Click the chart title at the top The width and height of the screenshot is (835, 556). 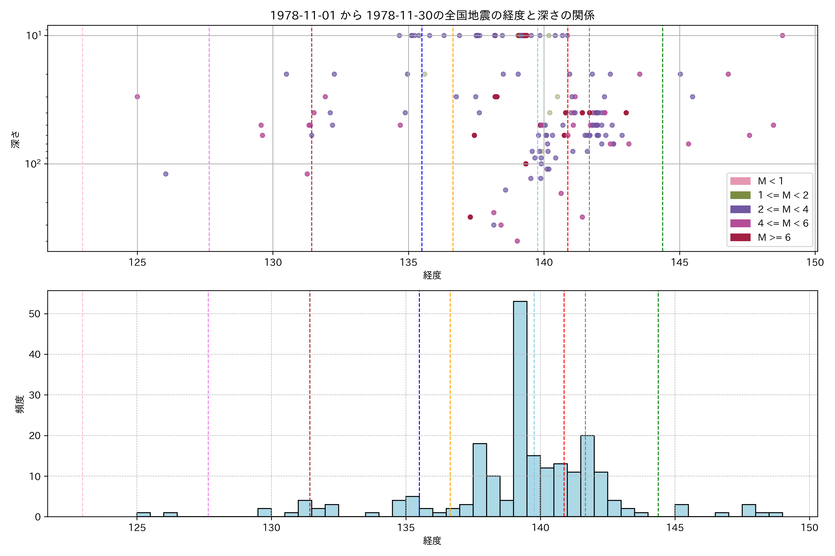pos(432,15)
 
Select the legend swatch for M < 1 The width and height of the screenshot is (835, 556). pos(740,181)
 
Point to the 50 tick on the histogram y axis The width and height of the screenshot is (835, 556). pos(35,314)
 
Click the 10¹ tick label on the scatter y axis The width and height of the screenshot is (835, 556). pos(34,35)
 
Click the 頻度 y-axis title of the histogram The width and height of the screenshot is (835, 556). pos(20,404)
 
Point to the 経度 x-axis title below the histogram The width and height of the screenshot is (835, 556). pos(432,541)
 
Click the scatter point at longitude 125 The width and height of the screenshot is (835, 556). pos(137,97)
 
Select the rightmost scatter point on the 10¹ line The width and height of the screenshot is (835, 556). pos(782,35)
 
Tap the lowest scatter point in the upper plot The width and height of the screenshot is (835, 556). pos(517,241)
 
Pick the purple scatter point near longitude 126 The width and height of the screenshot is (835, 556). pos(166,174)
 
